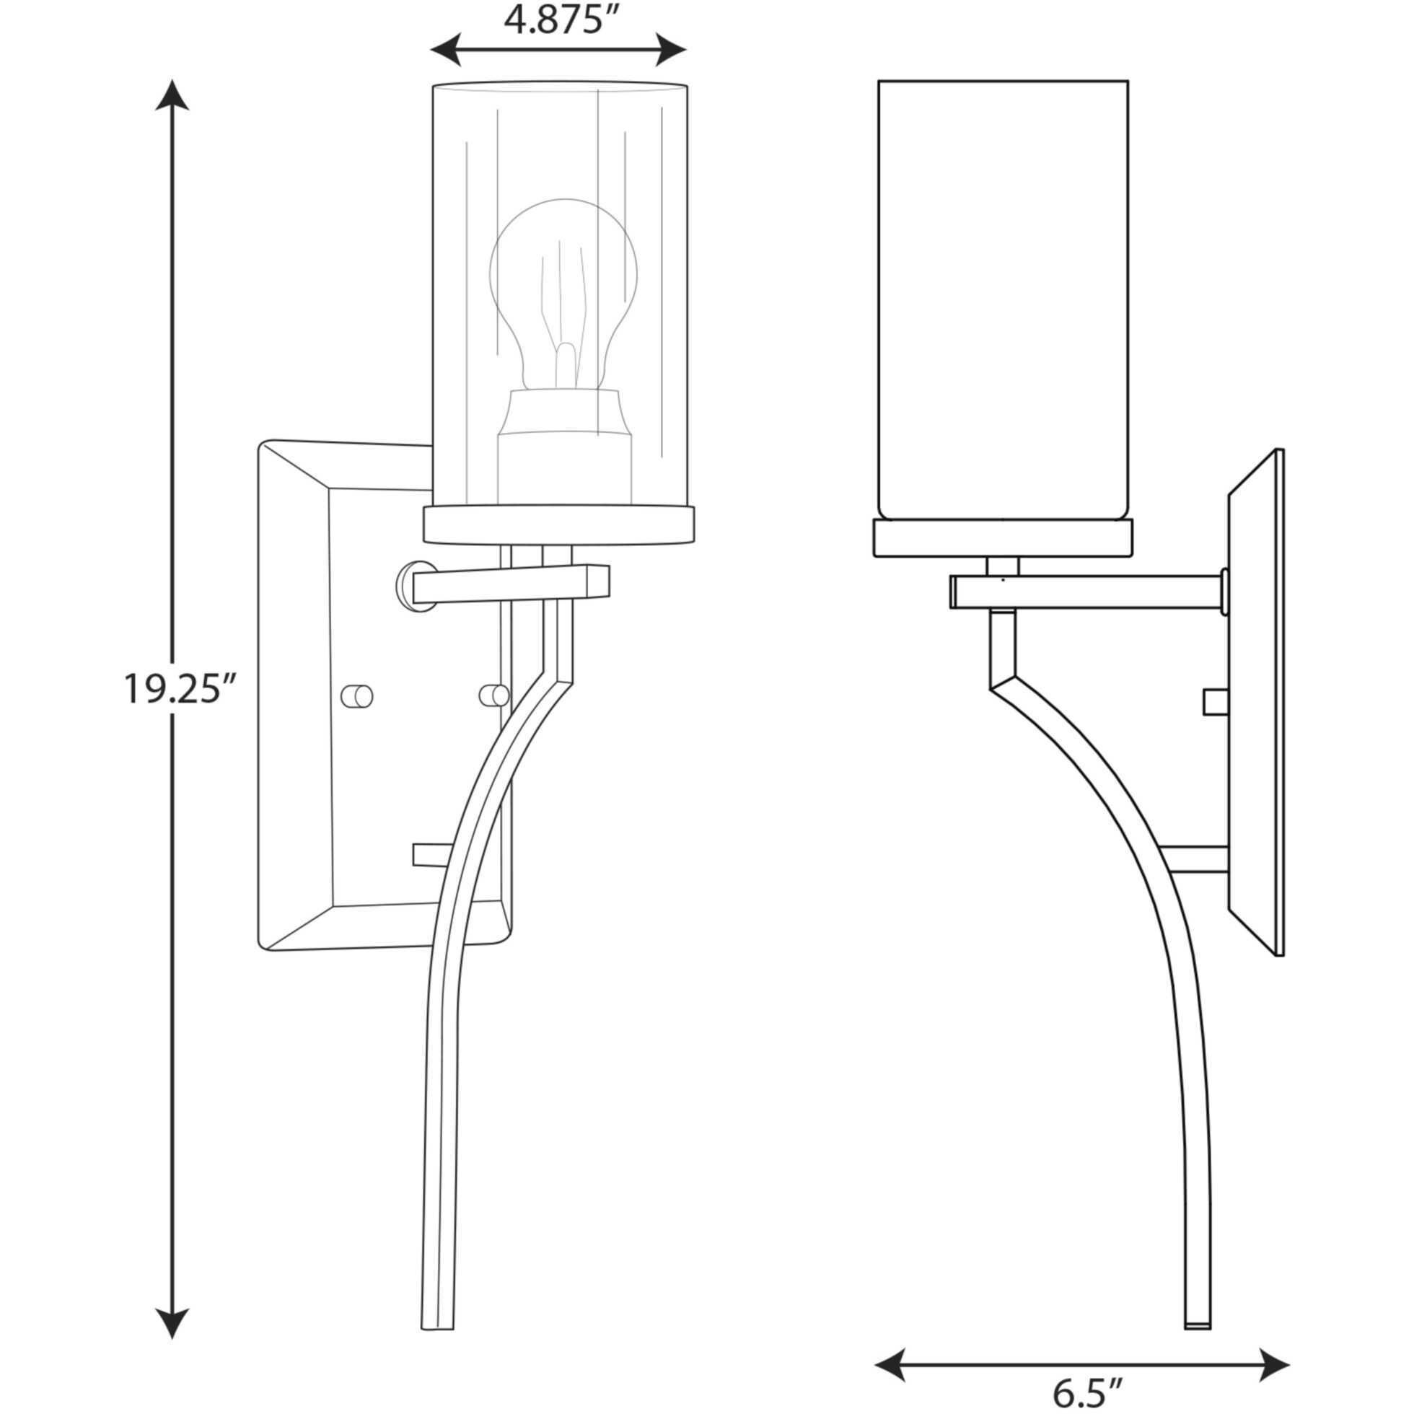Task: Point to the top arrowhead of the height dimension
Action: (172, 95)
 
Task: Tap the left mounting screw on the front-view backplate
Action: (358, 695)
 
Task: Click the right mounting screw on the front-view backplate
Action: (493, 695)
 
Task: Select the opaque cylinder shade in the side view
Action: (1002, 300)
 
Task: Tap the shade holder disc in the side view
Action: (1004, 538)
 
